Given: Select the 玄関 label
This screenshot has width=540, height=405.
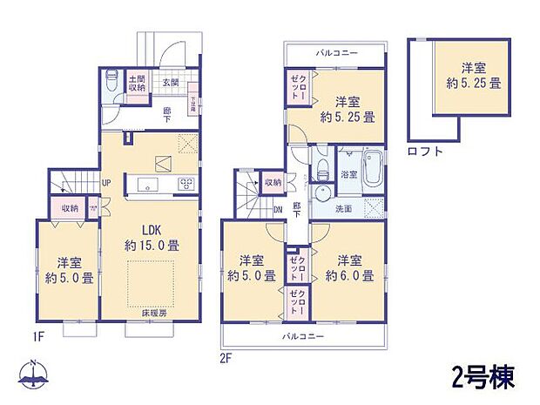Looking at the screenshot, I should coord(169,83).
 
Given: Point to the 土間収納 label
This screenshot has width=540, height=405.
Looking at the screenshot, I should coord(138,81).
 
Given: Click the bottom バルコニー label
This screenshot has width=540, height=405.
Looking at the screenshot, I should coord(301,334).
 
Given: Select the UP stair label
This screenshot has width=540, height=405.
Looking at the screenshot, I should coord(106,183).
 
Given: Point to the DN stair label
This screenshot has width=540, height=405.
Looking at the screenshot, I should coord(278,210).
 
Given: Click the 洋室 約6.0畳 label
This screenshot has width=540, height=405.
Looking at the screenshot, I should coord(350,268).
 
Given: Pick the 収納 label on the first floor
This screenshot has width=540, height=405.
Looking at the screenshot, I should coord(71,208).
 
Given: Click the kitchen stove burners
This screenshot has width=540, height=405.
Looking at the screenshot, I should coord(186,183).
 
